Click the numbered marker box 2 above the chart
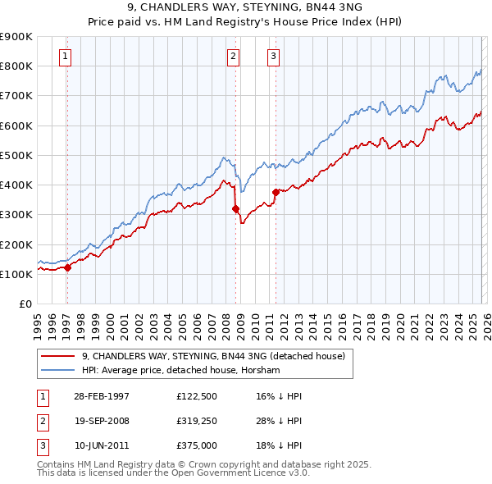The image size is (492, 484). (234, 57)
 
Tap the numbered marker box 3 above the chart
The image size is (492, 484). (273, 57)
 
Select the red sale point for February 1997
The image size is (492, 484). (68, 267)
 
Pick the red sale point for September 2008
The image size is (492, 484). (236, 208)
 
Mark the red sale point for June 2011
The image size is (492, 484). (276, 192)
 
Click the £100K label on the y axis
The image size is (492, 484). (16, 274)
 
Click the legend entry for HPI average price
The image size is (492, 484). (180, 370)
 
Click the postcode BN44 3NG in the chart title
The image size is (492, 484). (316, 7)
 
